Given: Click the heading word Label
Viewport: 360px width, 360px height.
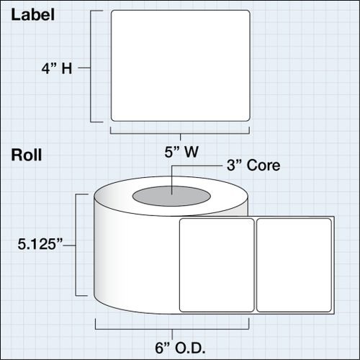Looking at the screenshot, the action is pyautogui.click(x=32, y=15).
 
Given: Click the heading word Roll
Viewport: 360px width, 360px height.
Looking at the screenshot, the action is pyautogui.click(x=27, y=155).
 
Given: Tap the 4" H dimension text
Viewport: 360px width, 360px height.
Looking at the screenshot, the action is pyautogui.click(x=57, y=68).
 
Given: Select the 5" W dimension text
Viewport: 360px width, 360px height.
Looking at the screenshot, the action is pyautogui.click(x=181, y=152).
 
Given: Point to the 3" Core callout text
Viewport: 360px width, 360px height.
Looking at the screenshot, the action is pyautogui.click(x=253, y=165).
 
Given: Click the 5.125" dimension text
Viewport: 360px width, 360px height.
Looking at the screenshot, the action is pyautogui.click(x=40, y=244).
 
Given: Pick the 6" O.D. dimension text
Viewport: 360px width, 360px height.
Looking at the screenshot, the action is pyautogui.click(x=180, y=348).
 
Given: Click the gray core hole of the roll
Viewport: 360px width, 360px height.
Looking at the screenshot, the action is pyautogui.click(x=171, y=196).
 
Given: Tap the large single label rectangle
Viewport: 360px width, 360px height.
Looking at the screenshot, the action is pyautogui.click(x=181, y=66).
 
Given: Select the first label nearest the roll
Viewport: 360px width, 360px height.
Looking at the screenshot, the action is pyautogui.click(x=217, y=265).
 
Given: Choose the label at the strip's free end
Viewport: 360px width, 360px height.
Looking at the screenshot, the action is pyautogui.click(x=294, y=265).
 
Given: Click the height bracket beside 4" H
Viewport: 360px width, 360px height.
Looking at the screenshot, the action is pyautogui.click(x=91, y=66).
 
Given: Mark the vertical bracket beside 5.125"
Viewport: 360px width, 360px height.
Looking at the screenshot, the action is pyautogui.click(x=76, y=245).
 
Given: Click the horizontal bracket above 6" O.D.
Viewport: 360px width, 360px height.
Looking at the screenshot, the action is pyautogui.click(x=172, y=329).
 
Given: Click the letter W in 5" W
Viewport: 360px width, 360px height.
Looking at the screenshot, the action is pyautogui.click(x=192, y=152).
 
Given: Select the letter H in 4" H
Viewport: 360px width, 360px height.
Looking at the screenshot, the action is pyautogui.click(x=67, y=68).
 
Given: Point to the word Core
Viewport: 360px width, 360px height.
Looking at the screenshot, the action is pyautogui.click(x=264, y=166).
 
